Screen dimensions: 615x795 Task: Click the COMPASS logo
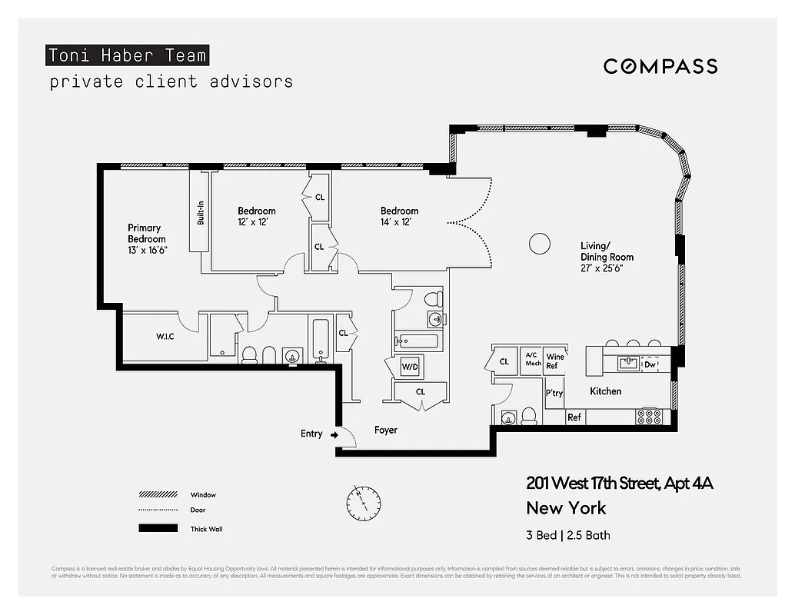click(660, 66)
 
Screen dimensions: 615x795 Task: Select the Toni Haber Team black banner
click(127, 55)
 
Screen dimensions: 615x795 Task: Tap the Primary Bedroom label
click(146, 238)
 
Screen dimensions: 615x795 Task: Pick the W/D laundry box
click(410, 367)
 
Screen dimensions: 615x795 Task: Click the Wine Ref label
click(554, 361)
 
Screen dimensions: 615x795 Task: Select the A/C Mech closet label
click(533, 359)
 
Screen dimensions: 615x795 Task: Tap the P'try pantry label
click(554, 393)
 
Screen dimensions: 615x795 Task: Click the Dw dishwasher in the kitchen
click(650, 365)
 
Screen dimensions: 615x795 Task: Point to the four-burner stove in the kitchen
click(650, 417)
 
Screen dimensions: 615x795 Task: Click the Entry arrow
click(334, 434)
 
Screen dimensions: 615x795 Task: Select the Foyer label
click(386, 430)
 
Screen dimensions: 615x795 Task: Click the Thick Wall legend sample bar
click(158, 528)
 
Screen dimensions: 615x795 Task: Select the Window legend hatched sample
click(158, 495)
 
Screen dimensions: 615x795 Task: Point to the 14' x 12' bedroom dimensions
click(399, 222)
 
